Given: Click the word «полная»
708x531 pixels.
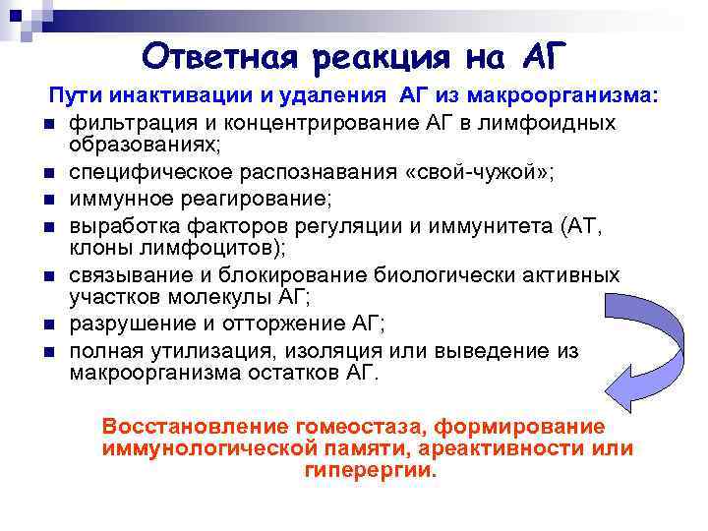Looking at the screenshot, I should (103, 350).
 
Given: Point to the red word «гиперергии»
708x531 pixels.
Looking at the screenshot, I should (369, 470).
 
